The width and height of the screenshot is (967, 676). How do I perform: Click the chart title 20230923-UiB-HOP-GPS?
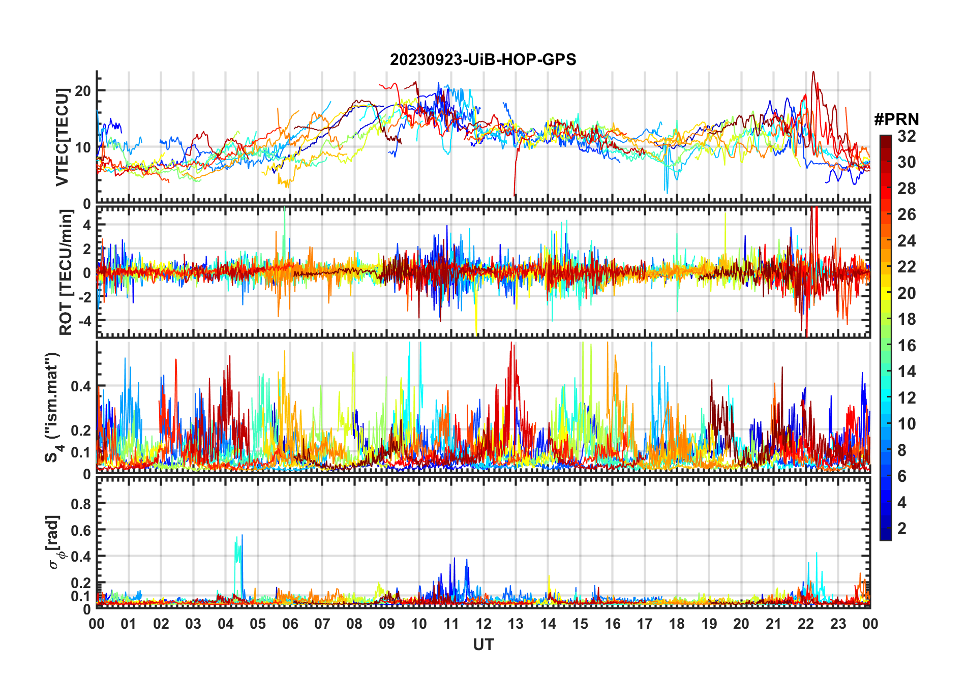(483, 60)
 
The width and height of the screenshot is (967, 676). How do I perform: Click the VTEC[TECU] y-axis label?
(62, 137)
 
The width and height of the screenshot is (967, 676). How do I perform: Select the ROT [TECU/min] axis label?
(66, 272)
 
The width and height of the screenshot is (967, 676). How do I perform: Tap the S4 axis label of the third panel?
(52, 407)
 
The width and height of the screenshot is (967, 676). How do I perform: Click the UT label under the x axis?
(483, 645)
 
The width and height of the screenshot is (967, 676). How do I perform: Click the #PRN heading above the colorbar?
(896, 119)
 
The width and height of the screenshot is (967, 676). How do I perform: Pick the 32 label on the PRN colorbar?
(906, 136)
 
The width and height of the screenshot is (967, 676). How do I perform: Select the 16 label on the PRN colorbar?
(906, 346)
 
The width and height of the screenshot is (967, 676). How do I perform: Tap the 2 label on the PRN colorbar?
(902, 529)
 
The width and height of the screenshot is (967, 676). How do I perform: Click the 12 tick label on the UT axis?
(483, 624)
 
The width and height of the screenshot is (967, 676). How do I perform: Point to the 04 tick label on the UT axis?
(225, 624)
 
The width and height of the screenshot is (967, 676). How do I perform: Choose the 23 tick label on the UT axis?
(838, 624)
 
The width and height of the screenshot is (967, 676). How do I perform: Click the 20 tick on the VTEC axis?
(83, 91)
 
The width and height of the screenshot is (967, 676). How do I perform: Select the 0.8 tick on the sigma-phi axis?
(81, 504)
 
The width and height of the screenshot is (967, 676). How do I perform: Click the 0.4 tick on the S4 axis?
(81, 386)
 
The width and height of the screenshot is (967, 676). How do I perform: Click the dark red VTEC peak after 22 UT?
(813, 73)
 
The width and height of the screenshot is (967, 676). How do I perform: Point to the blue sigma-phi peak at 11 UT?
(455, 559)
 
